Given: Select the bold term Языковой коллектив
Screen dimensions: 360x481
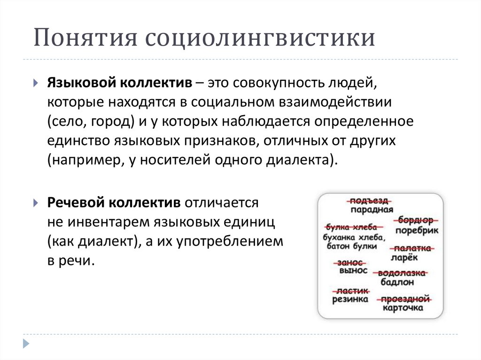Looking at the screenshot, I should [119, 83].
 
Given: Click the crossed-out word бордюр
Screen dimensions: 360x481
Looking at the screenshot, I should [416, 220].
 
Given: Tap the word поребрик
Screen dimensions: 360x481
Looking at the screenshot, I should [416, 230].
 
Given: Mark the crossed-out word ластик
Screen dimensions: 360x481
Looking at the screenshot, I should [350, 291].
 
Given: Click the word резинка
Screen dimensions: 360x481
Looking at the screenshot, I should [350, 299].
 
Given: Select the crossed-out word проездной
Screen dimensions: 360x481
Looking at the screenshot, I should [406, 299].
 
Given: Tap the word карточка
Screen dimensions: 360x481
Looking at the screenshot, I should [403, 308].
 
